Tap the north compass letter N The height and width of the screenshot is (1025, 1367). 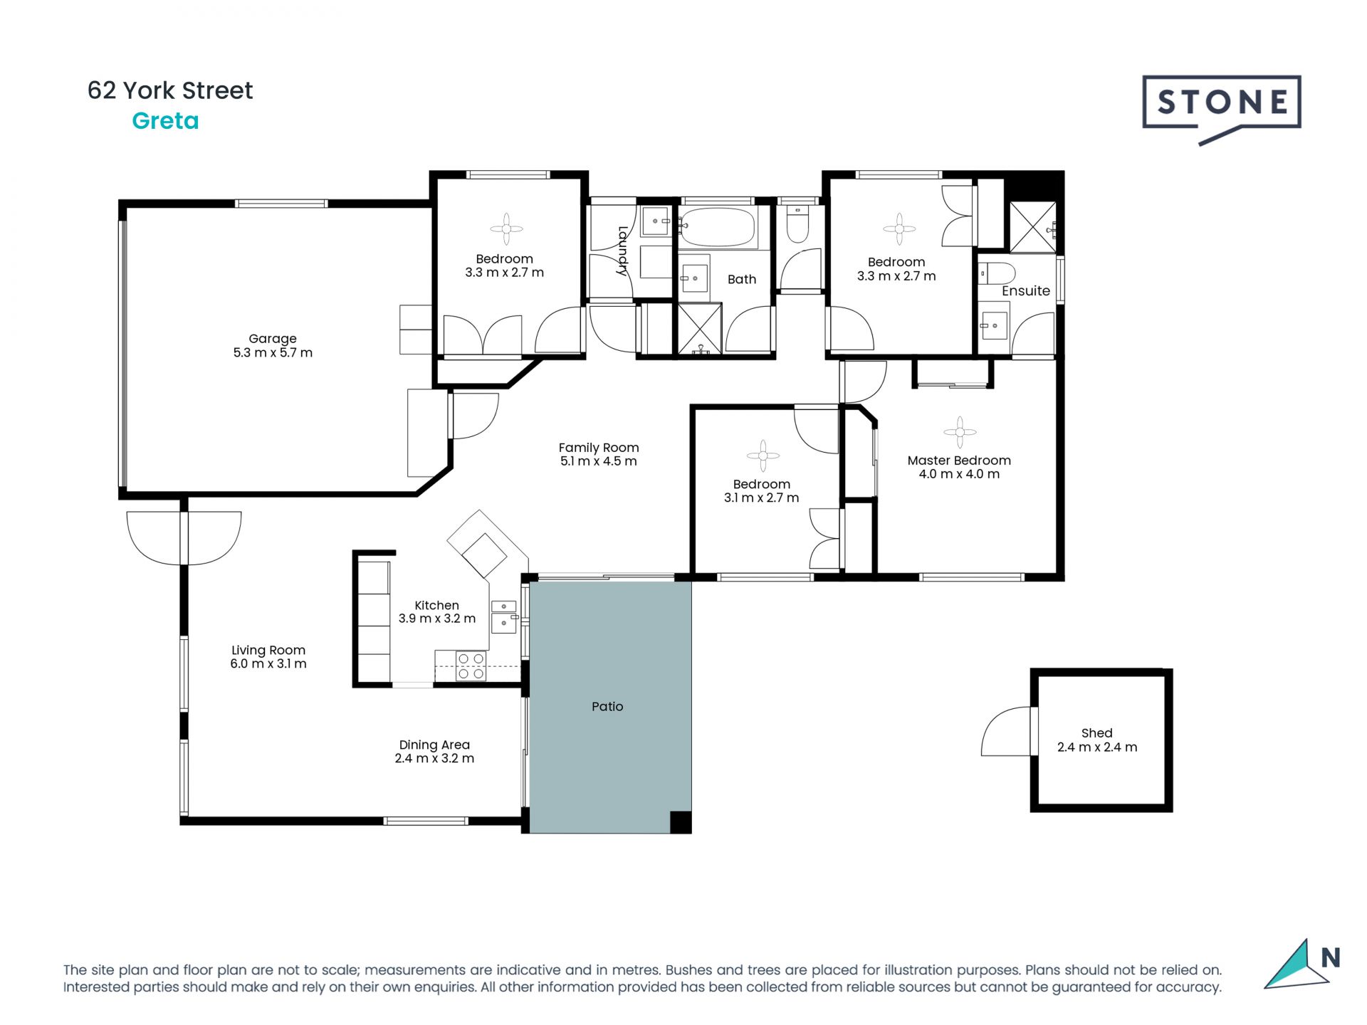[x=1330, y=957]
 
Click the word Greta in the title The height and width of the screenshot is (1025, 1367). [x=165, y=121]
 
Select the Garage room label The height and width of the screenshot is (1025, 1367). [x=273, y=339]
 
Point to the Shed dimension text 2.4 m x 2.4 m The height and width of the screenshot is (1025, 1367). [x=1097, y=747]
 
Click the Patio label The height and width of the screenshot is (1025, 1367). [x=607, y=706]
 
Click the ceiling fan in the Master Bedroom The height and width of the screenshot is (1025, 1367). [x=960, y=432]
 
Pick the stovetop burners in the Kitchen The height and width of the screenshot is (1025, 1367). [x=471, y=666]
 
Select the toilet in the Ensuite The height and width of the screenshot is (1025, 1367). [x=997, y=273]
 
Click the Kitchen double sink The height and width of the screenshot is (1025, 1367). [x=504, y=616]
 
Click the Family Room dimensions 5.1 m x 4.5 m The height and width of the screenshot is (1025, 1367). [x=599, y=461]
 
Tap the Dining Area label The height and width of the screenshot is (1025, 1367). [x=434, y=745]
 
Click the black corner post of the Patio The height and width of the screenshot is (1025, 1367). [x=681, y=822]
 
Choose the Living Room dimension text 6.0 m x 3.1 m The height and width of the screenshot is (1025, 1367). [x=268, y=663]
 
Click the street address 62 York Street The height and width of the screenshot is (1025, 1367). [x=170, y=90]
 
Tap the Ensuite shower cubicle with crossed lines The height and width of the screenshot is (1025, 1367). [x=1033, y=227]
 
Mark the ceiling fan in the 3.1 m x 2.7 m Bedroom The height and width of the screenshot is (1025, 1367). [x=763, y=456]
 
